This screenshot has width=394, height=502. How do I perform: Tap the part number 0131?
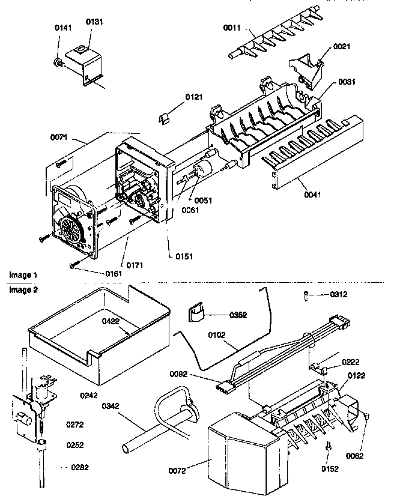tap(94, 22)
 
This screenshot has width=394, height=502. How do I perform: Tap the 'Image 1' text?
tap(23, 274)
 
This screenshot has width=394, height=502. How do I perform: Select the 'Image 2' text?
tap(23, 289)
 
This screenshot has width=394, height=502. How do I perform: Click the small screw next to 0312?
tap(306, 295)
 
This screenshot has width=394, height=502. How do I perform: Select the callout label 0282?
tap(79, 467)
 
